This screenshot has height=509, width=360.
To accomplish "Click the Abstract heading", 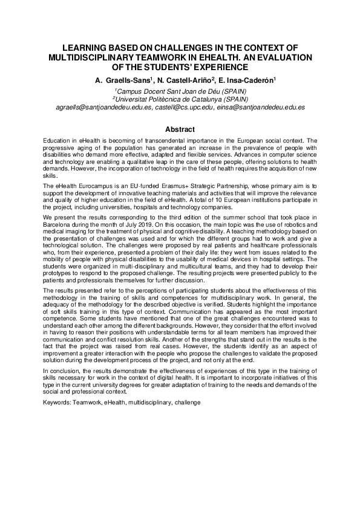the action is [180, 129].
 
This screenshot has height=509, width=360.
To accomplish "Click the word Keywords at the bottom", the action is [57, 401].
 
